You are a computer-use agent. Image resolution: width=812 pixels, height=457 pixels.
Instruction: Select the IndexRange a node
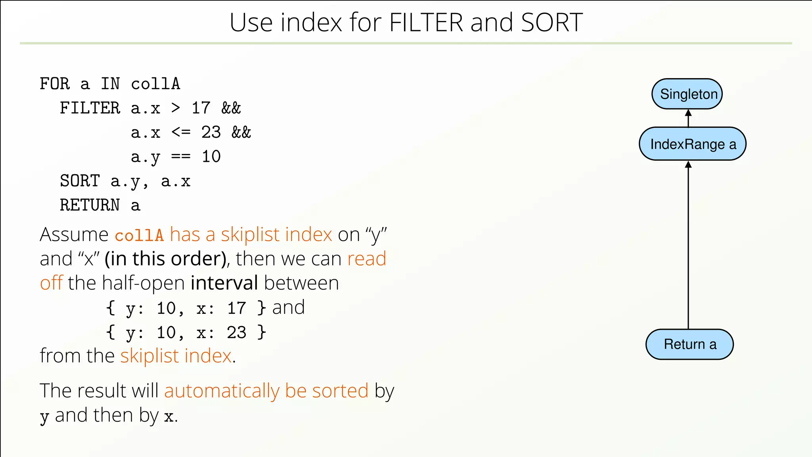[x=692, y=144]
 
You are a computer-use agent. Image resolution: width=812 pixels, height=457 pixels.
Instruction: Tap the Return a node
[x=689, y=344]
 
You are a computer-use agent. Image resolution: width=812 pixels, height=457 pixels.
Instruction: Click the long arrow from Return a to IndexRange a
[x=688, y=246]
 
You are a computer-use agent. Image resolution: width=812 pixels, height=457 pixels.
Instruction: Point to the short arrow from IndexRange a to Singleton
[x=688, y=118]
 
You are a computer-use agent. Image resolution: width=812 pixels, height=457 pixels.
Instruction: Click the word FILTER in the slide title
[x=426, y=23]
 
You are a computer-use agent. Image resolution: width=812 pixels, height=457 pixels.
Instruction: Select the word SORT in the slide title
[x=552, y=23]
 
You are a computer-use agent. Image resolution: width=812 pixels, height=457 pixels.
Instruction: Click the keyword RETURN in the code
[x=90, y=205]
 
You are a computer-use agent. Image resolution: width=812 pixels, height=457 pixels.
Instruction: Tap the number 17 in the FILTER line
[x=201, y=108]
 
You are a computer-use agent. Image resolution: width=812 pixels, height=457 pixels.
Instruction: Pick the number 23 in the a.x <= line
[x=211, y=132]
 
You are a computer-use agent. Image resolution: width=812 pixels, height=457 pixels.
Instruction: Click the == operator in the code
[x=181, y=157]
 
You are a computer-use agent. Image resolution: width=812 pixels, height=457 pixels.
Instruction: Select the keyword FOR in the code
[x=55, y=84]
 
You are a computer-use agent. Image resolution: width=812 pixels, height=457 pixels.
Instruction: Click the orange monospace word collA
[x=139, y=235]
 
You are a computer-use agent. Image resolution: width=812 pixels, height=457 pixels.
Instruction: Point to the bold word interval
[x=224, y=283]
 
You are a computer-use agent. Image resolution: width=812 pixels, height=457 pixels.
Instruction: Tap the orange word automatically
[x=222, y=391]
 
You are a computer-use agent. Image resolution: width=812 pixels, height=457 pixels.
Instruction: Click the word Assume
[x=74, y=234]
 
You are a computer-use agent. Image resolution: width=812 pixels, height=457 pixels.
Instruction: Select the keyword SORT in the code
[x=80, y=181]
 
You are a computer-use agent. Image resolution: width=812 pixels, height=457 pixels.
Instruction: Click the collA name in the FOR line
[x=155, y=84]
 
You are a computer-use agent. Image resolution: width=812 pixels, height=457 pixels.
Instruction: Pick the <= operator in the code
[x=181, y=132]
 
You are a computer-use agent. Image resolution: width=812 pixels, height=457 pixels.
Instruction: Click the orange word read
[x=367, y=259]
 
